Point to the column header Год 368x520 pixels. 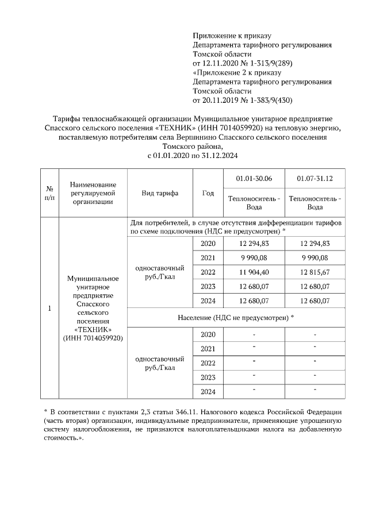(x=208, y=193)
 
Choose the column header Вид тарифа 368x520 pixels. (x=160, y=193)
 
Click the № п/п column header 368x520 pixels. (x=49, y=193)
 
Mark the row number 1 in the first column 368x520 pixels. (x=49, y=309)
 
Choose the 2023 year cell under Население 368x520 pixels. (x=208, y=377)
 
